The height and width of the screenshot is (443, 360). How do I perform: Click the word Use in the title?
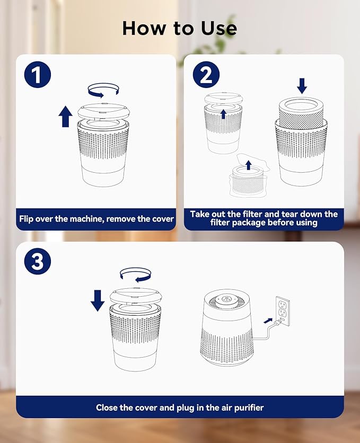(x=219, y=28)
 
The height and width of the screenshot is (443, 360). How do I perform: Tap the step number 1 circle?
(x=37, y=75)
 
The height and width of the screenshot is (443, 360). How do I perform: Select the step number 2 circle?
(x=206, y=75)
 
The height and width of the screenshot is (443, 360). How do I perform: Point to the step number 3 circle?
(x=38, y=261)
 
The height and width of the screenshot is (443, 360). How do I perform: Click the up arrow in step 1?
(x=65, y=117)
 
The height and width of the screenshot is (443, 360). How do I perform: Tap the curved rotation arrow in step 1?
(x=103, y=90)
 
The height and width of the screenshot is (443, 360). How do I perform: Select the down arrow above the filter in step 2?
(x=302, y=86)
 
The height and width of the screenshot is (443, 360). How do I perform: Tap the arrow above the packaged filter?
(x=248, y=165)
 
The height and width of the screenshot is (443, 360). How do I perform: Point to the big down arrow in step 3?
(x=98, y=300)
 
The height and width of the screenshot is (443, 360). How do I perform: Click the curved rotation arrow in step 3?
(x=136, y=274)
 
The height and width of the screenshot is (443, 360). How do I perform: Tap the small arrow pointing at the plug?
(x=268, y=321)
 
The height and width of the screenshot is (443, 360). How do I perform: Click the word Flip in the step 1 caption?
(x=26, y=219)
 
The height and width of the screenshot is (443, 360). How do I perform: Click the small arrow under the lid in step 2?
(x=224, y=114)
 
